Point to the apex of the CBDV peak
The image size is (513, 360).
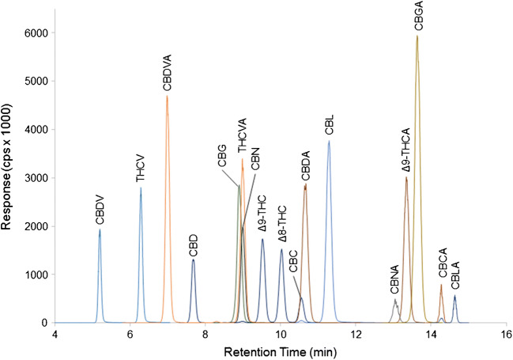coord(100,229)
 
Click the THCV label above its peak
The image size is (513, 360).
coord(141,169)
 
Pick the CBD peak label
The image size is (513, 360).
coord(193,244)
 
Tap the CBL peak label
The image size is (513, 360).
coord(329,127)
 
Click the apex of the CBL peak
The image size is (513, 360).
coord(329,142)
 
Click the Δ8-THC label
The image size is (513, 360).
coord(282,227)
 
